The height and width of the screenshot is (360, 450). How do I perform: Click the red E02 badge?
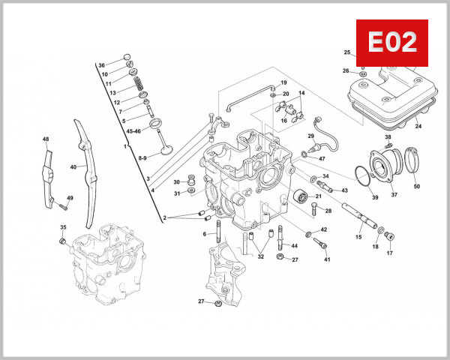pos(391,43)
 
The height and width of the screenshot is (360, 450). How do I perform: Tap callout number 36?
pos(101,65)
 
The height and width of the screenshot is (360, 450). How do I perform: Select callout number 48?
pos(46,139)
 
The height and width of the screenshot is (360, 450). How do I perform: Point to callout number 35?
pos(63,227)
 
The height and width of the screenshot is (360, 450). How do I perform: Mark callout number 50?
pos(416,186)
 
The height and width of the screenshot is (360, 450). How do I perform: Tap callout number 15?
pos(358,237)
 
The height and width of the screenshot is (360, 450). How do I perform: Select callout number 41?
pos(327,259)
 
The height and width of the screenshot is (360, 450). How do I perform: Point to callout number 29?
pos(310,136)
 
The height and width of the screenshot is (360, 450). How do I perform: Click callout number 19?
pos(284,82)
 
